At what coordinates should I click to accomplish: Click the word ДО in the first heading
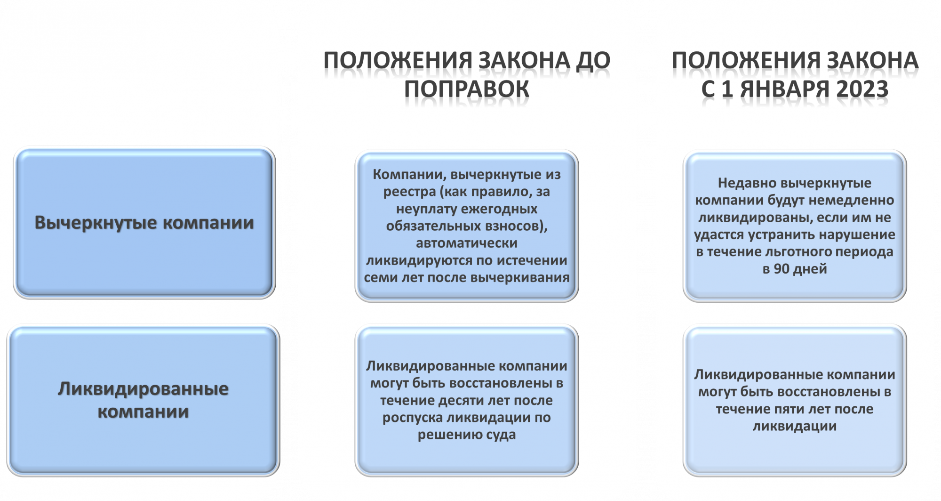[593, 61]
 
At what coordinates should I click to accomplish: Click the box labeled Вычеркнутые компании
[144, 223]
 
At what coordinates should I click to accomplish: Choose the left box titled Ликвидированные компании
[144, 400]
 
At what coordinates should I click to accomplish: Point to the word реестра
[410, 192]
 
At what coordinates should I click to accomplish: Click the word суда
[501, 435]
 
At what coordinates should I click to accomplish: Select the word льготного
[793, 252]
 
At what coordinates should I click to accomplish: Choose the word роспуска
[412, 418]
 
